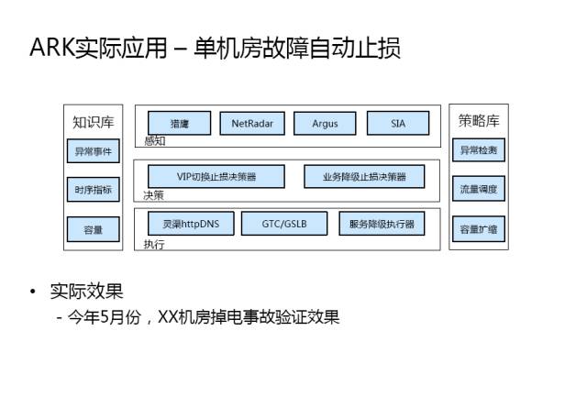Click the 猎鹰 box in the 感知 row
179,123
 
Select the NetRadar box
252,123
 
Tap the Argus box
325,123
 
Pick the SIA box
397,123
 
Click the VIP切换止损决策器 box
216,176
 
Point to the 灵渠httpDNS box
191,223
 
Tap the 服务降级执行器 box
382,223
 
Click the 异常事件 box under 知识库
93,152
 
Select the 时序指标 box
93,191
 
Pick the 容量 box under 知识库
93,229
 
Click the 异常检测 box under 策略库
479,149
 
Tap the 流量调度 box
479,190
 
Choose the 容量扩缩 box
479,229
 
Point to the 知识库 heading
93,121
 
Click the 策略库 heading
479,121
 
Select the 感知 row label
154,141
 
